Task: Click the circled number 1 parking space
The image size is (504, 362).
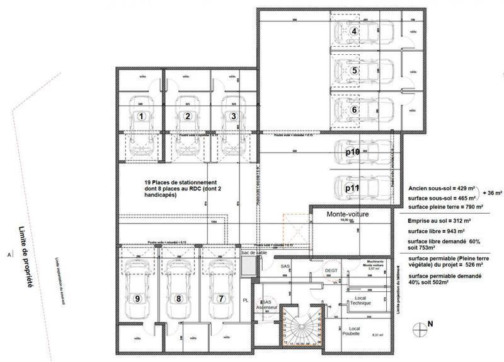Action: [x=142, y=116]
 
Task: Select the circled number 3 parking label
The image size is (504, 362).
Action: [x=233, y=116]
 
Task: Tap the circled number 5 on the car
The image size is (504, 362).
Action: [x=355, y=71]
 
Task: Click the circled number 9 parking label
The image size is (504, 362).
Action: [x=137, y=298]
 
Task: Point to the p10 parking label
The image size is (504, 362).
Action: [x=353, y=153]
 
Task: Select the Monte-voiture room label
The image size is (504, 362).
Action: [x=347, y=214]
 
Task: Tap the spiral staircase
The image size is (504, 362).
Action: [x=302, y=326]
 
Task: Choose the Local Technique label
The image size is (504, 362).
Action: [x=360, y=300]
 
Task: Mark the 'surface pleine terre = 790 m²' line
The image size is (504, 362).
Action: [x=444, y=206]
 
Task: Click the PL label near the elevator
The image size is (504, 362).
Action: [x=246, y=301]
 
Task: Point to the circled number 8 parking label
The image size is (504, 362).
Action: [x=179, y=298]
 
